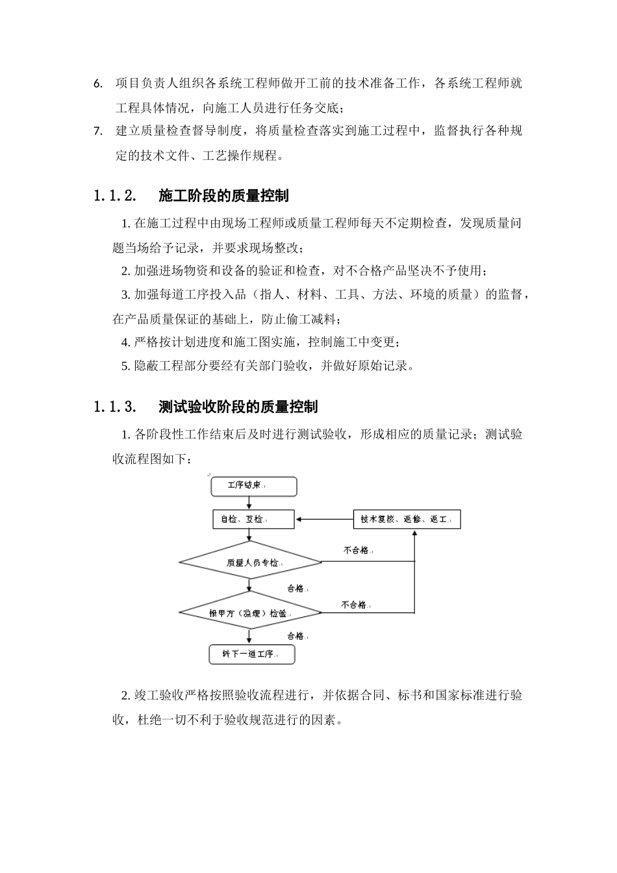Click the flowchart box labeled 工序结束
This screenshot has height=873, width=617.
click(253, 486)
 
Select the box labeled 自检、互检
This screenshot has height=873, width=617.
click(253, 519)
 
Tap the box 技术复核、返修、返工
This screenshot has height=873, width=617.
click(407, 519)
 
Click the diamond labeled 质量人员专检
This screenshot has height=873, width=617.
click(250, 562)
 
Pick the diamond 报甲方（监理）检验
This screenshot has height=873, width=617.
click(250, 612)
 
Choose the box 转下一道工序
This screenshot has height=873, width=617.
click(251, 654)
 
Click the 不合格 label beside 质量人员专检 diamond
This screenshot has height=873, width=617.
click(356, 550)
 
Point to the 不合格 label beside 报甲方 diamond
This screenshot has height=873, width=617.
click(354, 604)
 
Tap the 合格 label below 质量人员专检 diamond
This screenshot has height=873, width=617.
click(296, 588)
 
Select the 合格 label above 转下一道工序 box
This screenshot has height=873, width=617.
click(296, 635)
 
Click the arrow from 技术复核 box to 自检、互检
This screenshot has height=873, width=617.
click(323, 519)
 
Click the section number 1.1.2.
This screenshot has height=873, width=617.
click(115, 196)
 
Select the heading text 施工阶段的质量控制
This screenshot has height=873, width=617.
click(223, 196)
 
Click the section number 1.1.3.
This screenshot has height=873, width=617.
click(115, 407)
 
